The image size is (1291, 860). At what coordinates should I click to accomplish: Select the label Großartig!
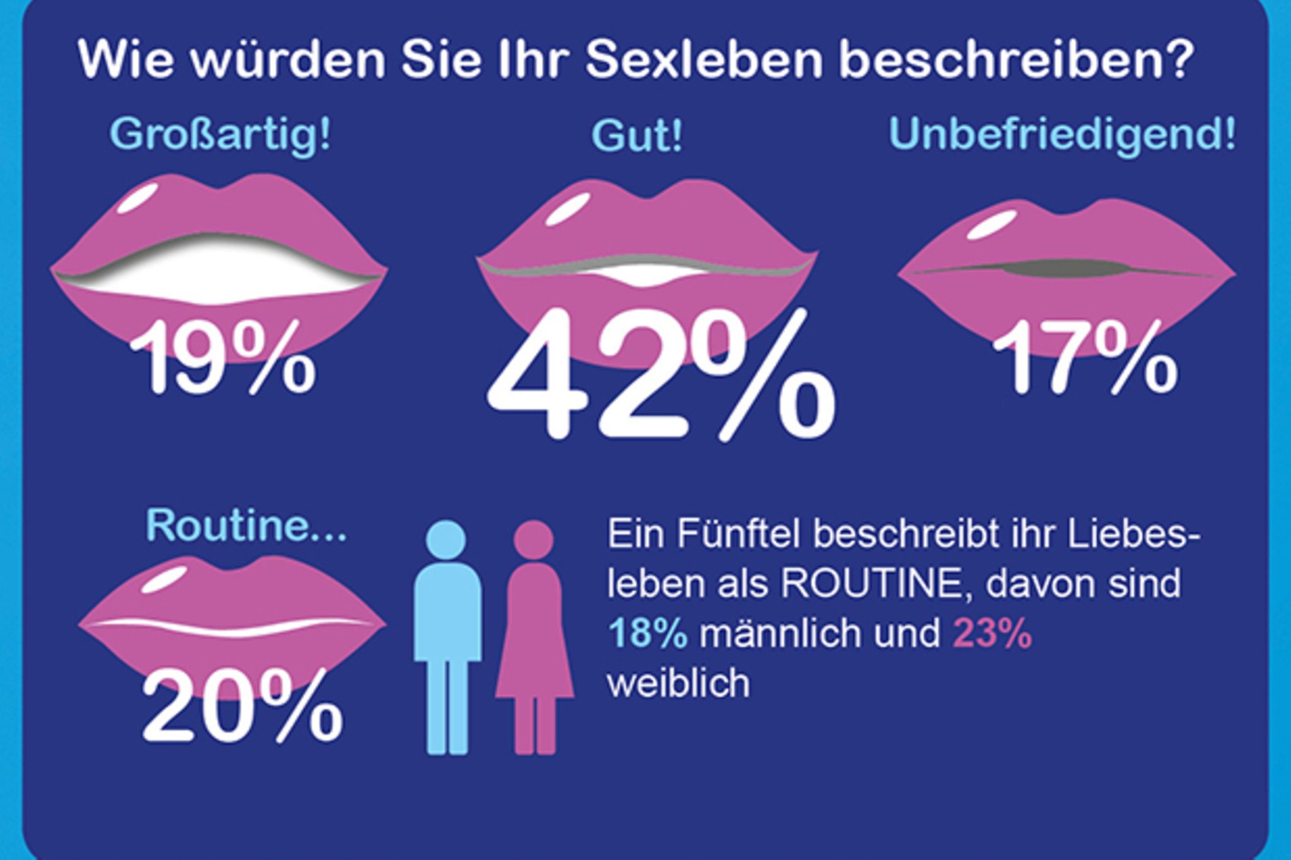220,134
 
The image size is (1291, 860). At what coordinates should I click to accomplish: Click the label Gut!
637,136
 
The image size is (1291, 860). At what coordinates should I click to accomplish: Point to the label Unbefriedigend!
1062,134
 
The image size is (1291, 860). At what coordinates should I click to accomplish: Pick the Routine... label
246,525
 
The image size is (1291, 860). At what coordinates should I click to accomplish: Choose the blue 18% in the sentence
647,633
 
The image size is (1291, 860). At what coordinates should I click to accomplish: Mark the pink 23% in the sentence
992,633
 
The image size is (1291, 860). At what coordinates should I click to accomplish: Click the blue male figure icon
447,637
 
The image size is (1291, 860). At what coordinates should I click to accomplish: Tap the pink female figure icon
535,643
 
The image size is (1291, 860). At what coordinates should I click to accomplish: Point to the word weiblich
678,682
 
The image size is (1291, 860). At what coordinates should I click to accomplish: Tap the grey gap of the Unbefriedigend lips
1065,268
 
